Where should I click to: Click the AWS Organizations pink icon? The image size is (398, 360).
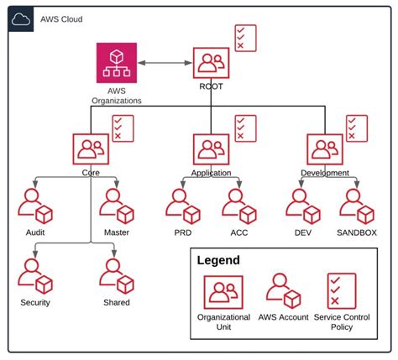116,63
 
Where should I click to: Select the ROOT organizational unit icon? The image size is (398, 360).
210,63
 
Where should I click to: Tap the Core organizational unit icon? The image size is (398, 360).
90,149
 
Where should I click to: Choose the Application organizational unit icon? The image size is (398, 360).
210,149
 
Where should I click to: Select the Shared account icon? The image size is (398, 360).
115,274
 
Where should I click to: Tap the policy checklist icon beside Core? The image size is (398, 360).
123,128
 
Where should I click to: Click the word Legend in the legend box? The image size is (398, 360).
218,260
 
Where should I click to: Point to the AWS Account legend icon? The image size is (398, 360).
284,291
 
